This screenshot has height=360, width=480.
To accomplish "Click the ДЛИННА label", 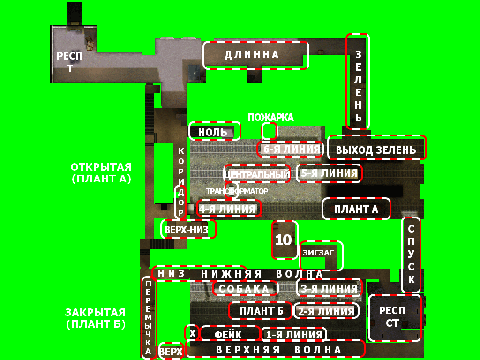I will pos(252,55).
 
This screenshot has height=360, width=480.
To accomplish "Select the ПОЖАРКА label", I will pos(270,118).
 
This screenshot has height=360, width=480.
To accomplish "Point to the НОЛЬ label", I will pos(212,132).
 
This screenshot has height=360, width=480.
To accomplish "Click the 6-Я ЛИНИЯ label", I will pos(291,150).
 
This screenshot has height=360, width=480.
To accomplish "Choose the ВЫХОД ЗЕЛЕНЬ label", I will pos(376,150).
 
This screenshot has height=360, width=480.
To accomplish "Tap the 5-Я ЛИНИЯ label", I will pos(329,173).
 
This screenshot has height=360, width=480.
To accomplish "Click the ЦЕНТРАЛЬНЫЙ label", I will pos(257,175).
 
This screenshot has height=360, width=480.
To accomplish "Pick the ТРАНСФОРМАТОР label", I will pos(237,191).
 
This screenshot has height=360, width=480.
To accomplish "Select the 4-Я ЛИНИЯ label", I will pos(228,209).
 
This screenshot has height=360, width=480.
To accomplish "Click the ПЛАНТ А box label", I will pos(356,209).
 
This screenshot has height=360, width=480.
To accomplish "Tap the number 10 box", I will pos(283,240).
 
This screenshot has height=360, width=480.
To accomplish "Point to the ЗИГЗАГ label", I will pos(318,252).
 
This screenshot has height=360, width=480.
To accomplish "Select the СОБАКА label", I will pos(244,289).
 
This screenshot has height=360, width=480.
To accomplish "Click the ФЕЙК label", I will pos(228,335).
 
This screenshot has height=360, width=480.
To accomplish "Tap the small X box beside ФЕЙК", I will pos(192,333).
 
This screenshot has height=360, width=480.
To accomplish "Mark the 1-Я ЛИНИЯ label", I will pos(294,335).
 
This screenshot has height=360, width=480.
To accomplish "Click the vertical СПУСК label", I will pos(411,254).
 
